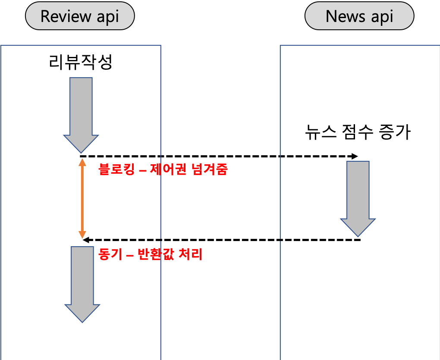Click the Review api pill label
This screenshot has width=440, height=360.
80,16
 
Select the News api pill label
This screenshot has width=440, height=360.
359,16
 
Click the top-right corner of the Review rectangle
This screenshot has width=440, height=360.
160,46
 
